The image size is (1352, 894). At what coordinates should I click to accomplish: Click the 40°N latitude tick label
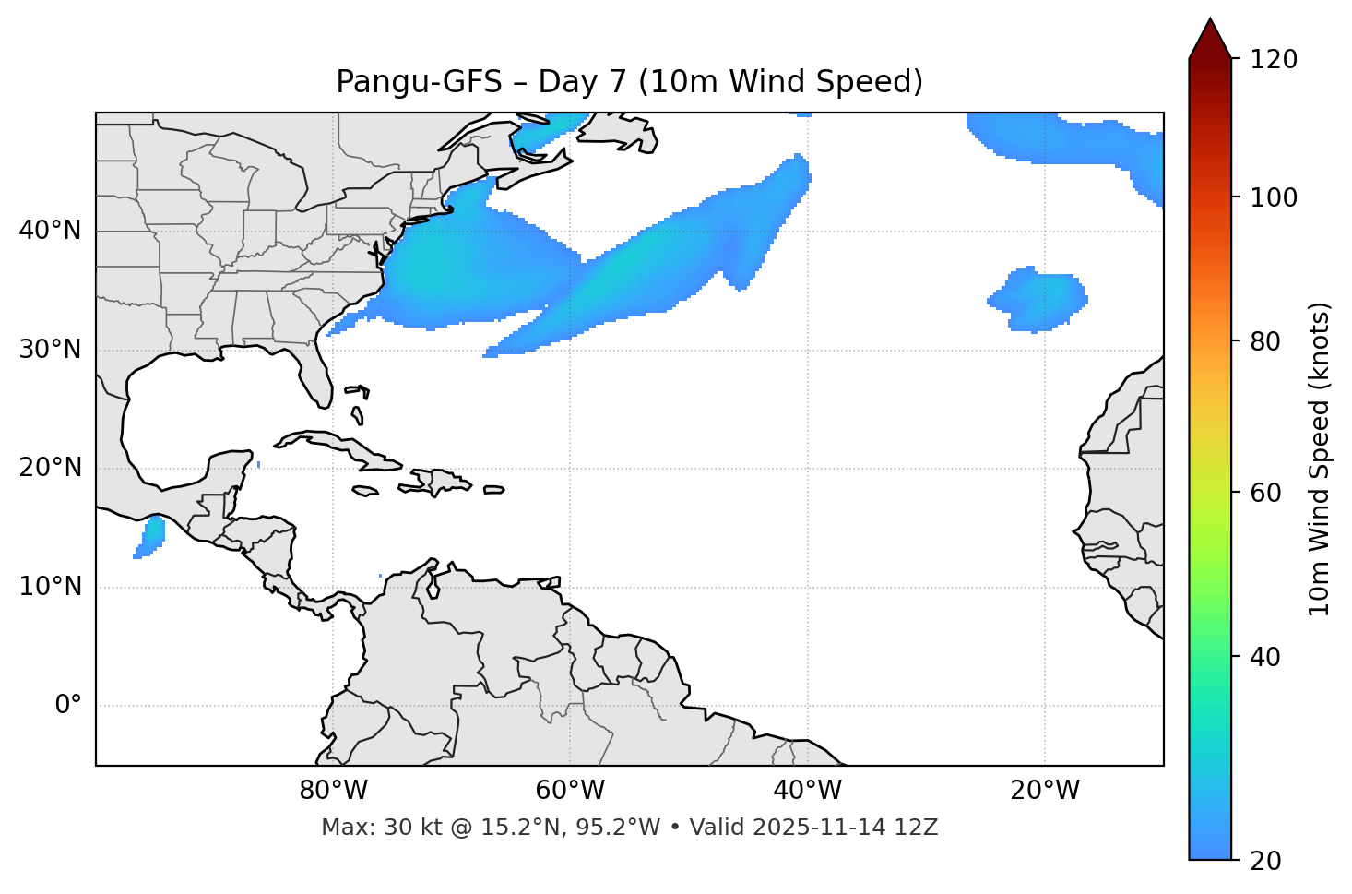point(50,231)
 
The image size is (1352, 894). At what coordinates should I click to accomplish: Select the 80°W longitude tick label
point(333,791)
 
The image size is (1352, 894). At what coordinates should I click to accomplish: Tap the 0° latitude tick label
point(67,706)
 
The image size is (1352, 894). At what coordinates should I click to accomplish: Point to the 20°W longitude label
point(1045,791)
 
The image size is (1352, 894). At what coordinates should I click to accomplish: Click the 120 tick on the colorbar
point(1274,60)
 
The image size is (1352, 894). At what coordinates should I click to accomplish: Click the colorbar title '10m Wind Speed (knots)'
point(1320,459)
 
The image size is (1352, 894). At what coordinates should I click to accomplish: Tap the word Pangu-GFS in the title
point(419,82)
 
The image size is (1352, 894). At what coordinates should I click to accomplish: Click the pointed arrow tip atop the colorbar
point(1209,23)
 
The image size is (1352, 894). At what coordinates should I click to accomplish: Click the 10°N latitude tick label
point(50,587)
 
